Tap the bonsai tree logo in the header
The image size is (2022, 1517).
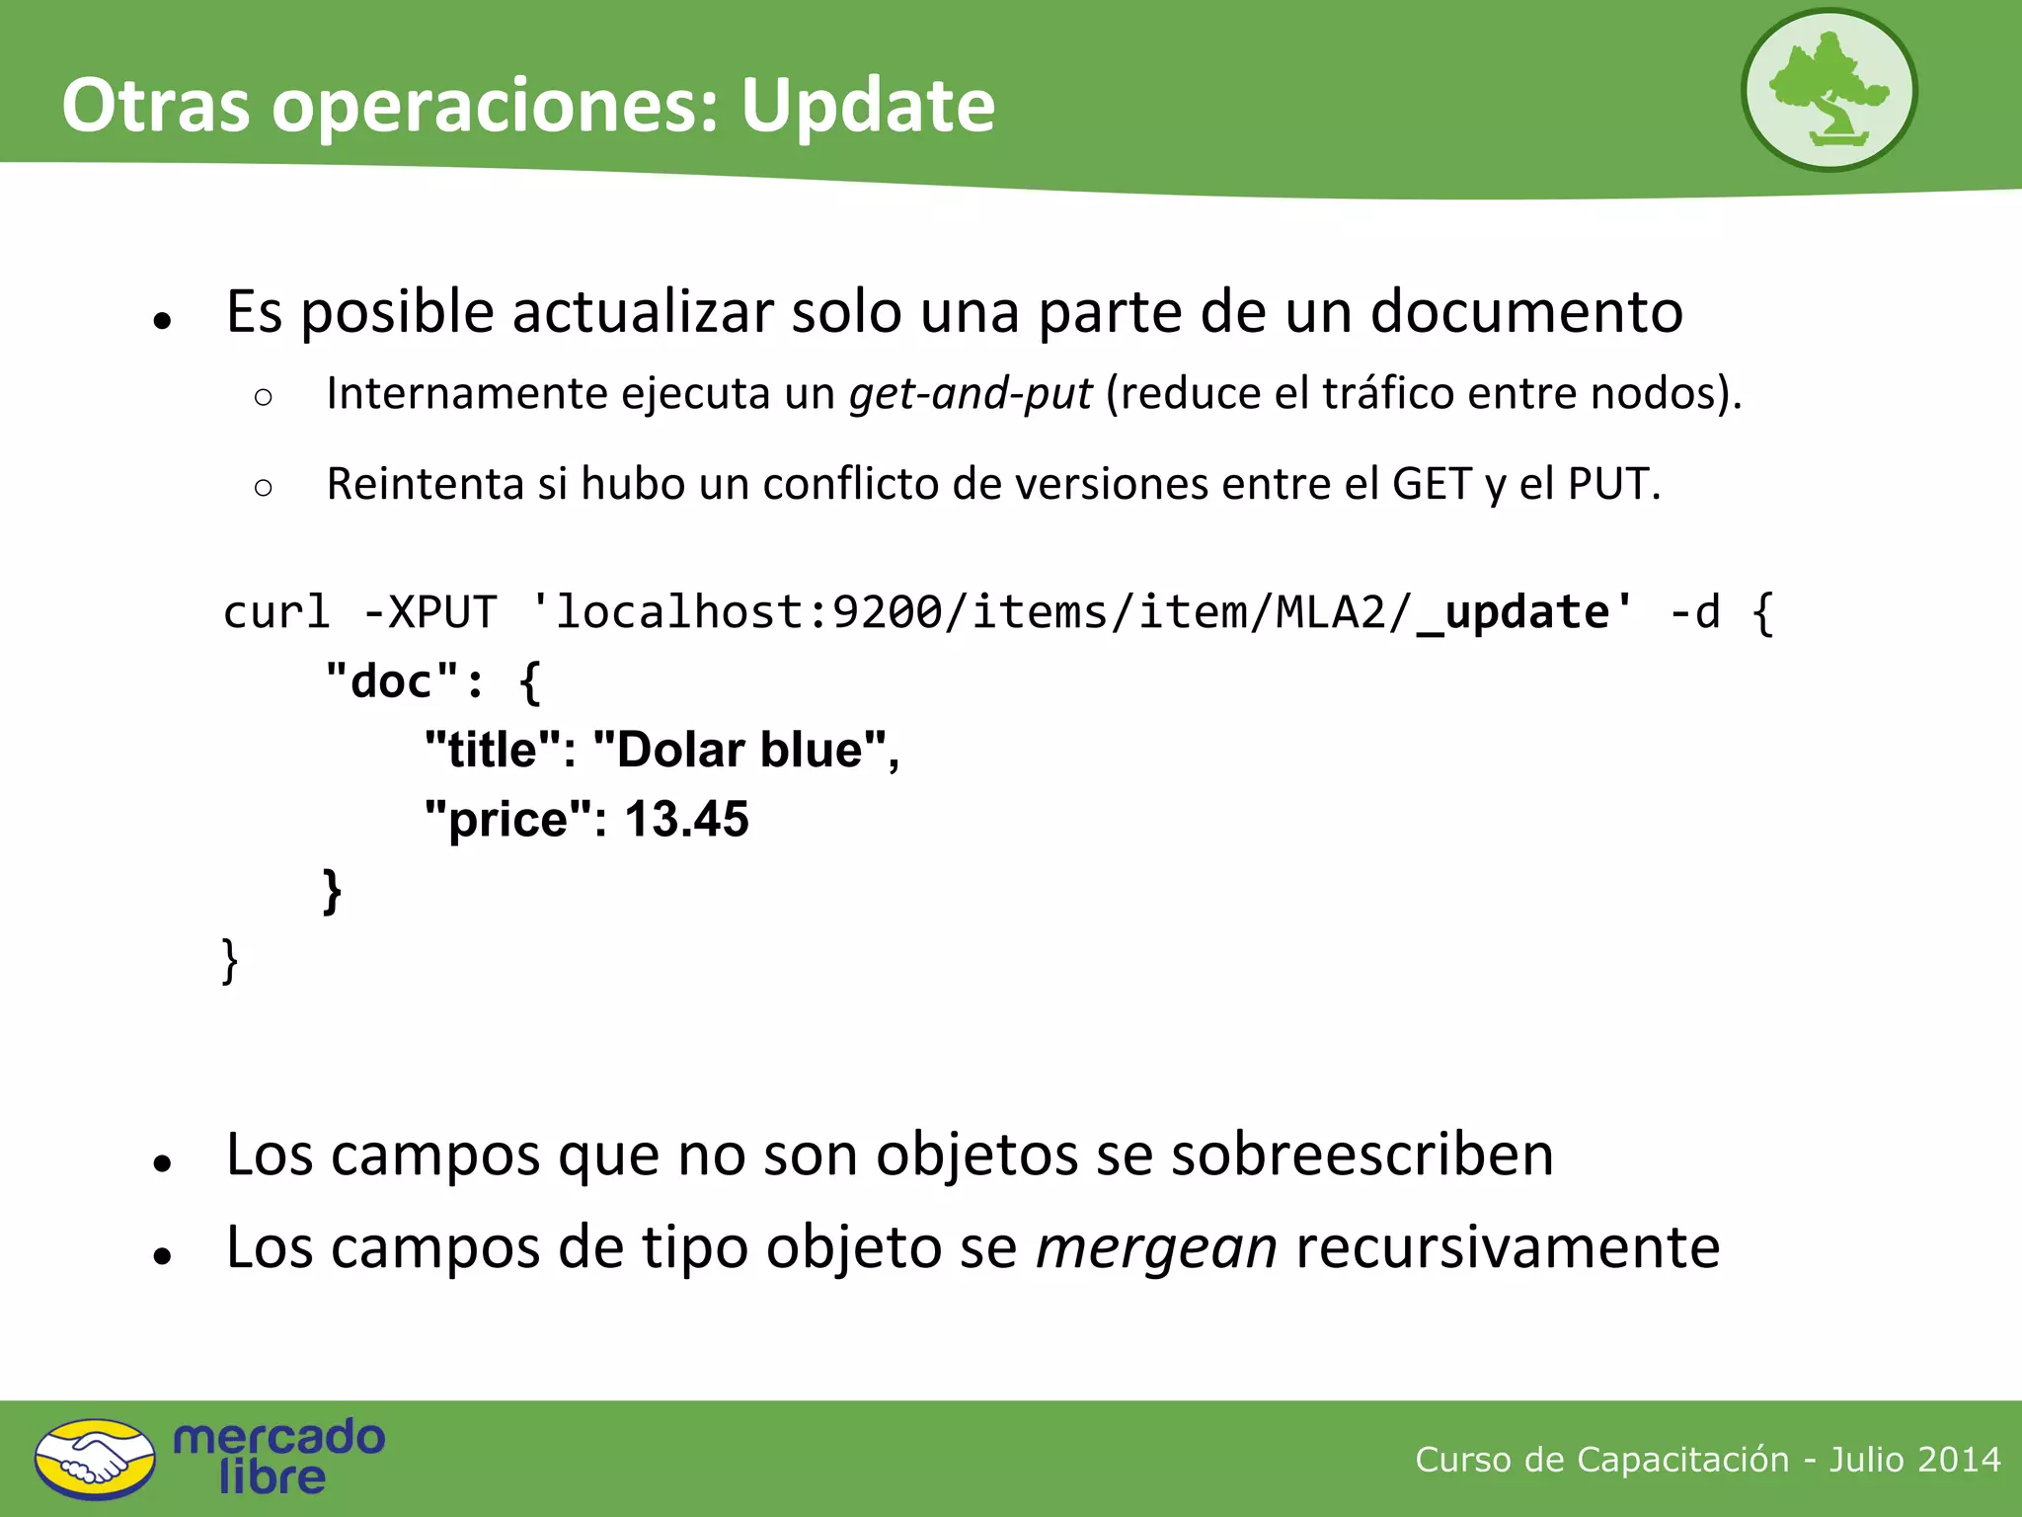[x=1828, y=91]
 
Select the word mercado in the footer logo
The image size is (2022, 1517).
[x=278, y=1437]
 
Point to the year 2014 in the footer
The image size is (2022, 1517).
[x=1961, y=1460]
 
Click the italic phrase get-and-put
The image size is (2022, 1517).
[x=971, y=393]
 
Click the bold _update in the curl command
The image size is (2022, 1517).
[x=1514, y=612]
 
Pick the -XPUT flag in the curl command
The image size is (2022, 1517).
[x=430, y=612]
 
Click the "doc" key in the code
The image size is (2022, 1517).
[x=392, y=681]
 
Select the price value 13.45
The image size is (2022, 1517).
[x=686, y=820]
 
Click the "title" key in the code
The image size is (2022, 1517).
[x=493, y=751]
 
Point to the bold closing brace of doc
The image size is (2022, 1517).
[x=333, y=890]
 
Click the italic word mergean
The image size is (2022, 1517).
[x=1156, y=1246]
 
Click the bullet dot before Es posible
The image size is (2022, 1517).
[x=163, y=320]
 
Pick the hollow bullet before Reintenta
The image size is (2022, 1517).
[x=263, y=487]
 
